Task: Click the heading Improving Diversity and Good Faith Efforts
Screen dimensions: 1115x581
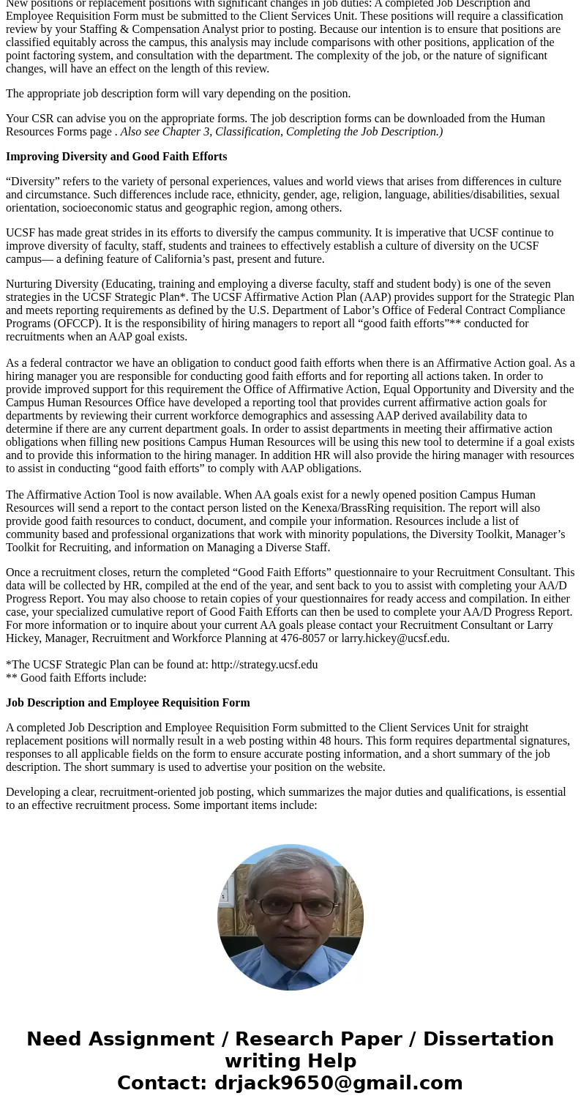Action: point(116,157)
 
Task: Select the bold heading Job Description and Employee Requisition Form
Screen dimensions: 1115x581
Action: point(128,703)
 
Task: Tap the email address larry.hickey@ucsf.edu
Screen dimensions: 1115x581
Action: point(395,638)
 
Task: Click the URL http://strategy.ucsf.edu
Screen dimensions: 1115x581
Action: point(264,665)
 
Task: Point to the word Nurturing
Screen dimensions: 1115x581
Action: point(30,284)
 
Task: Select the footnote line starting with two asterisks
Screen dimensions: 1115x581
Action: point(76,678)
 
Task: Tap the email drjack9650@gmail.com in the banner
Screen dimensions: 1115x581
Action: point(338,1083)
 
